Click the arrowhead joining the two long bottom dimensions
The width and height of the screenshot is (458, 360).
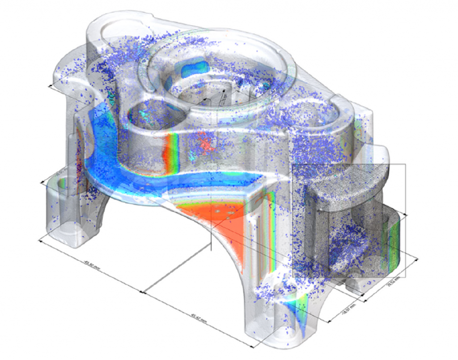pos(142,292)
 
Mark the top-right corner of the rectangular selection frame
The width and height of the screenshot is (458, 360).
pos(405,164)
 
